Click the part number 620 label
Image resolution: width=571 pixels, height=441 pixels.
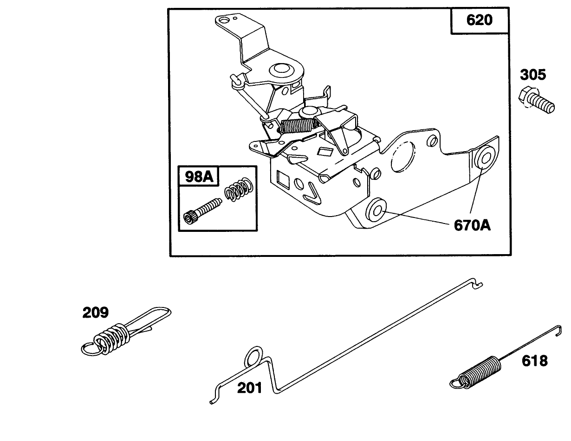(x=480, y=21)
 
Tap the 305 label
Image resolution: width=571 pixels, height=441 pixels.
(x=532, y=75)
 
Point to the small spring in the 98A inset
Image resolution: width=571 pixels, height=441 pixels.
(x=239, y=189)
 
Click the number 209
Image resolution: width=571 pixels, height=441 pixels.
(x=96, y=313)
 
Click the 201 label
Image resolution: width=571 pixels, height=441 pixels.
(x=249, y=387)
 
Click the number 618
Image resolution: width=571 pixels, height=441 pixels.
(x=534, y=360)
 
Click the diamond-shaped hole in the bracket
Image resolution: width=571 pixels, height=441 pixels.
(x=325, y=151)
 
